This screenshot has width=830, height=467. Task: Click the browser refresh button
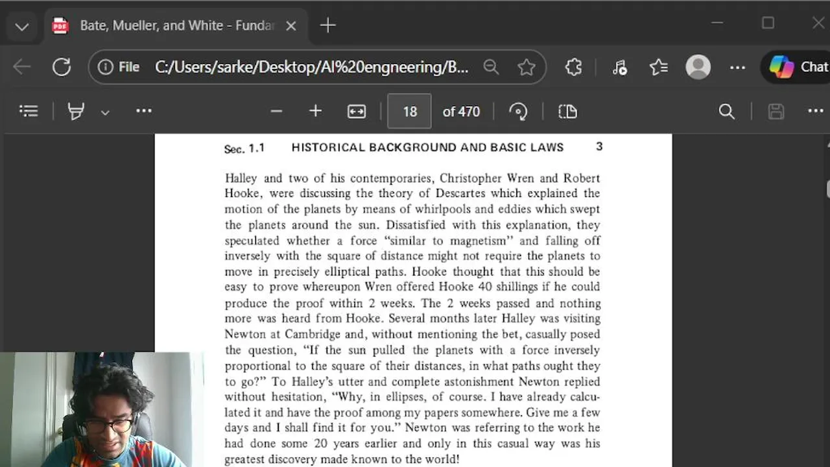62,67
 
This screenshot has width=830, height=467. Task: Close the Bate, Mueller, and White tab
291,26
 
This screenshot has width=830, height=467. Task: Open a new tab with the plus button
328,26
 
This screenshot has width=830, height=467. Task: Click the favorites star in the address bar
527,67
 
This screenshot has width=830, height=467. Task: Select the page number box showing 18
409,112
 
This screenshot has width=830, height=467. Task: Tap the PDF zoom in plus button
315,112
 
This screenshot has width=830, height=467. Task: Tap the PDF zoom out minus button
276,112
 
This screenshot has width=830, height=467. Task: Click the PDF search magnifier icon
727,112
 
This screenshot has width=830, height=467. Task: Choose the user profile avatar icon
698,67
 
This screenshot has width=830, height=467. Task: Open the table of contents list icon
29,112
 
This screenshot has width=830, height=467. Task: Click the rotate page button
518,112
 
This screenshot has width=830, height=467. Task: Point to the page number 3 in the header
599,147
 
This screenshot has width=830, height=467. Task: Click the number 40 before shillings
485,287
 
